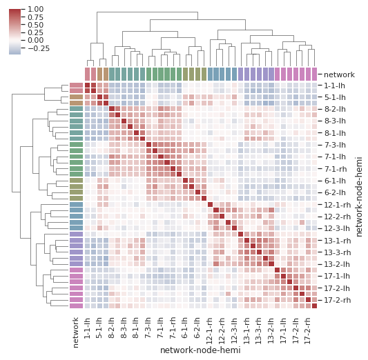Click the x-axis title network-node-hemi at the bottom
[x=200, y=350]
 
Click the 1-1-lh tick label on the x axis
[x=88, y=328]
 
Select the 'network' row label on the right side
[x=338, y=73]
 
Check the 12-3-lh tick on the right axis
[x=338, y=228]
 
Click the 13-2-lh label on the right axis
[x=338, y=264]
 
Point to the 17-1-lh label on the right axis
[x=338, y=277]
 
